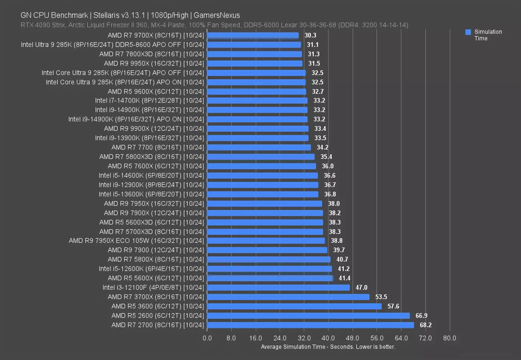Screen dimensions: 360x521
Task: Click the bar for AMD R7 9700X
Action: coord(253,36)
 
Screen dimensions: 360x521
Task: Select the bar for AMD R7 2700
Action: coord(311,325)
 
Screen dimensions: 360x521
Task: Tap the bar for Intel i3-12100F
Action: coord(279,288)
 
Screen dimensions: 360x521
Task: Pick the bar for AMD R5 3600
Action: coord(295,306)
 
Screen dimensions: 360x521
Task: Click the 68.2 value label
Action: coord(425,325)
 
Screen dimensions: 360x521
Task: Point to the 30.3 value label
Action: coord(310,36)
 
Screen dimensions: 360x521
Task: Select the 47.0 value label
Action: coord(361,288)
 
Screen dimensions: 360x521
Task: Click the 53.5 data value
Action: coord(381,297)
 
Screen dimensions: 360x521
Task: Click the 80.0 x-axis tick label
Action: coord(449,338)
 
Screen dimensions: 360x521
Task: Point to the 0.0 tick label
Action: coord(207,338)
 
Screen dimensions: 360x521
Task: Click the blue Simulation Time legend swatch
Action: coord(468,32)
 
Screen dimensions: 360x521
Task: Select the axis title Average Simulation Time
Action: coord(328,347)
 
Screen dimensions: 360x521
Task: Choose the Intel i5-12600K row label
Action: coord(151,269)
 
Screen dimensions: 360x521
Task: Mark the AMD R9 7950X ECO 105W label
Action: coord(136,241)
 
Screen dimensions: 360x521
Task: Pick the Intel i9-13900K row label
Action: coord(150,138)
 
